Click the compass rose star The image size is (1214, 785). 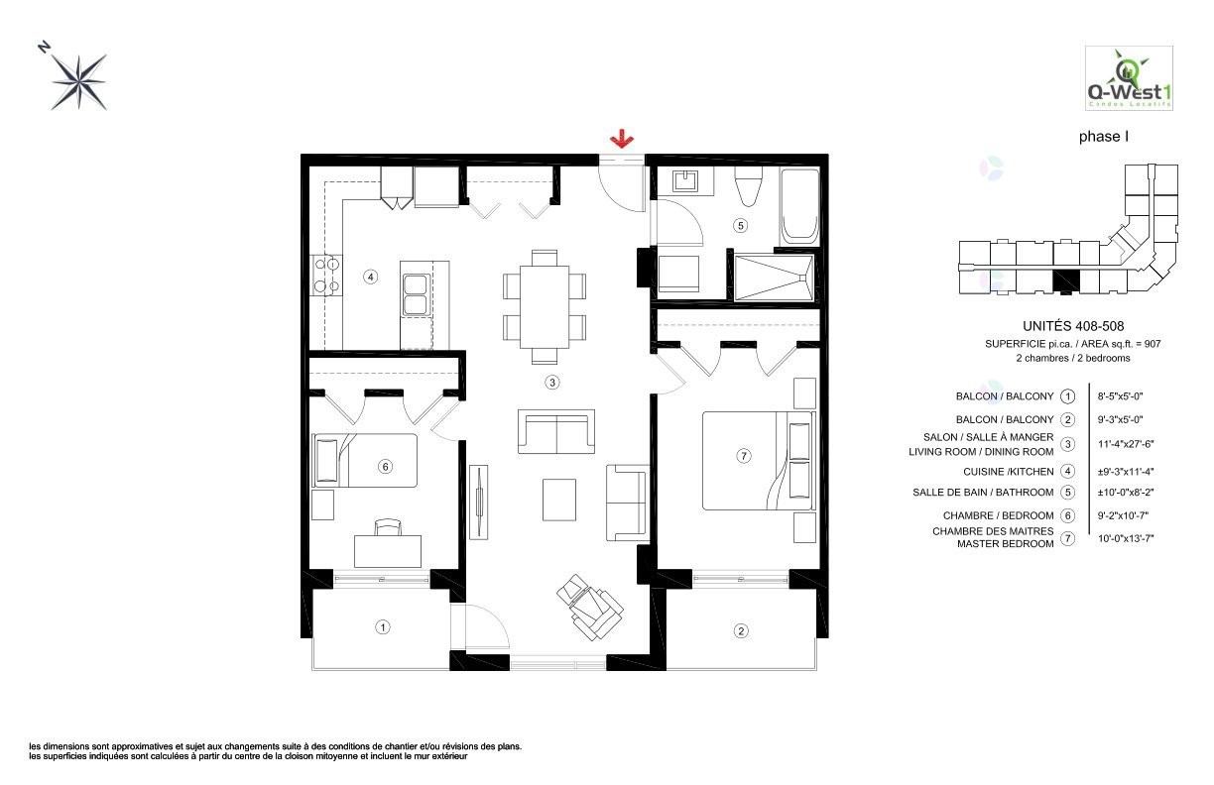(x=80, y=80)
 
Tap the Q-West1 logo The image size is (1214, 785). (x=1129, y=79)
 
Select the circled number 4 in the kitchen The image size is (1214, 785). (x=370, y=277)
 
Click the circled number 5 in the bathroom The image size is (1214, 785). (x=740, y=225)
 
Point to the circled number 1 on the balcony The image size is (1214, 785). (x=382, y=626)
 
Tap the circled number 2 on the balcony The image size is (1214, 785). (x=739, y=630)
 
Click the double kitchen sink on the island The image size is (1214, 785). (x=415, y=293)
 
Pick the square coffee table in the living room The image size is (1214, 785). (x=558, y=499)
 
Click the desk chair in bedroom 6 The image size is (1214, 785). (x=387, y=526)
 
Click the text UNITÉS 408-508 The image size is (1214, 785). (x=1072, y=326)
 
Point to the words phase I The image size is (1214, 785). (x=1104, y=138)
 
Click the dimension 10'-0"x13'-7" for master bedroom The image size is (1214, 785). (x=1128, y=538)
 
